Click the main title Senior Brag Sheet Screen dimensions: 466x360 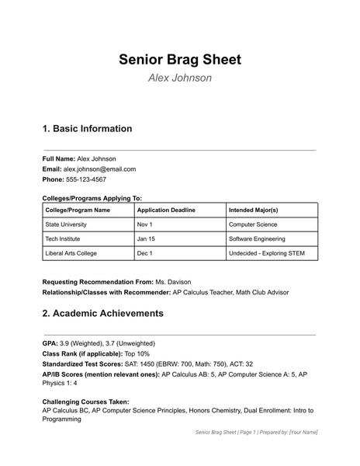(x=180, y=59)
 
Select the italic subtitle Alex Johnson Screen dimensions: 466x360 (x=180, y=78)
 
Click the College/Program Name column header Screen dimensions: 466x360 (x=78, y=210)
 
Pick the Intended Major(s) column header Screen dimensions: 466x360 (x=254, y=210)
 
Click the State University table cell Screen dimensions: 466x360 (x=69, y=224)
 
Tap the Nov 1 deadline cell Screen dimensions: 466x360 (x=145, y=224)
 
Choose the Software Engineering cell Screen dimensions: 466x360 (x=257, y=239)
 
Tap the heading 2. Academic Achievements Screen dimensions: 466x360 (x=102, y=314)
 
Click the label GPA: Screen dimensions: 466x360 (x=50, y=343)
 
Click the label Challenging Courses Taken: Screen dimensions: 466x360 (x=85, y=402)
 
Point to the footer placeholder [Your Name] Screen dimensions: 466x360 (x=303, y=432)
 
